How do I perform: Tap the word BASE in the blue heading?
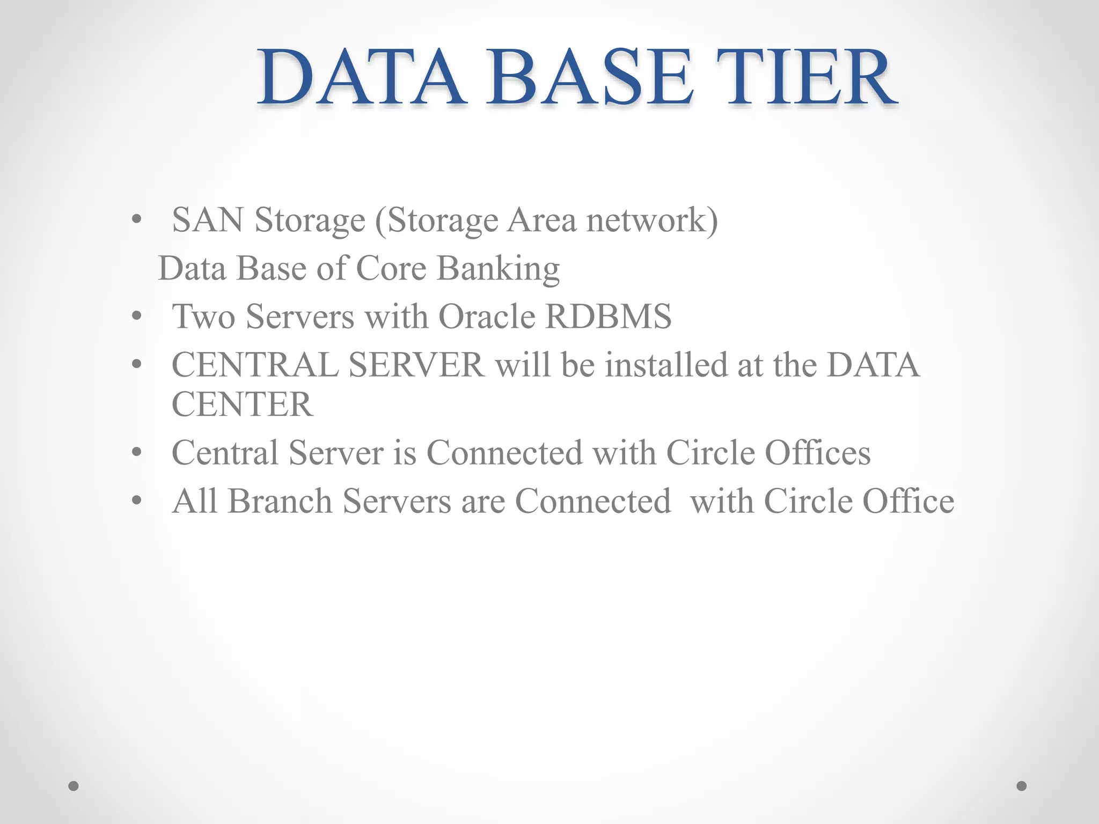589,78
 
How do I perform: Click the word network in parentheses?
646,220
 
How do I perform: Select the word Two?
203,317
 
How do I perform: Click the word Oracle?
487,317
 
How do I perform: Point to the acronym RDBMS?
608,317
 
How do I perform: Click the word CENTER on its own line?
242,404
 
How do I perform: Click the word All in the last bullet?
194,502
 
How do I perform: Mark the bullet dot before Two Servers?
137,317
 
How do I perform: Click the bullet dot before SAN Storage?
137,220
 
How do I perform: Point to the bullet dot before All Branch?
137,501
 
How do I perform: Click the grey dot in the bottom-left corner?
74,786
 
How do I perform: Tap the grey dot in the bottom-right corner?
1022,786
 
